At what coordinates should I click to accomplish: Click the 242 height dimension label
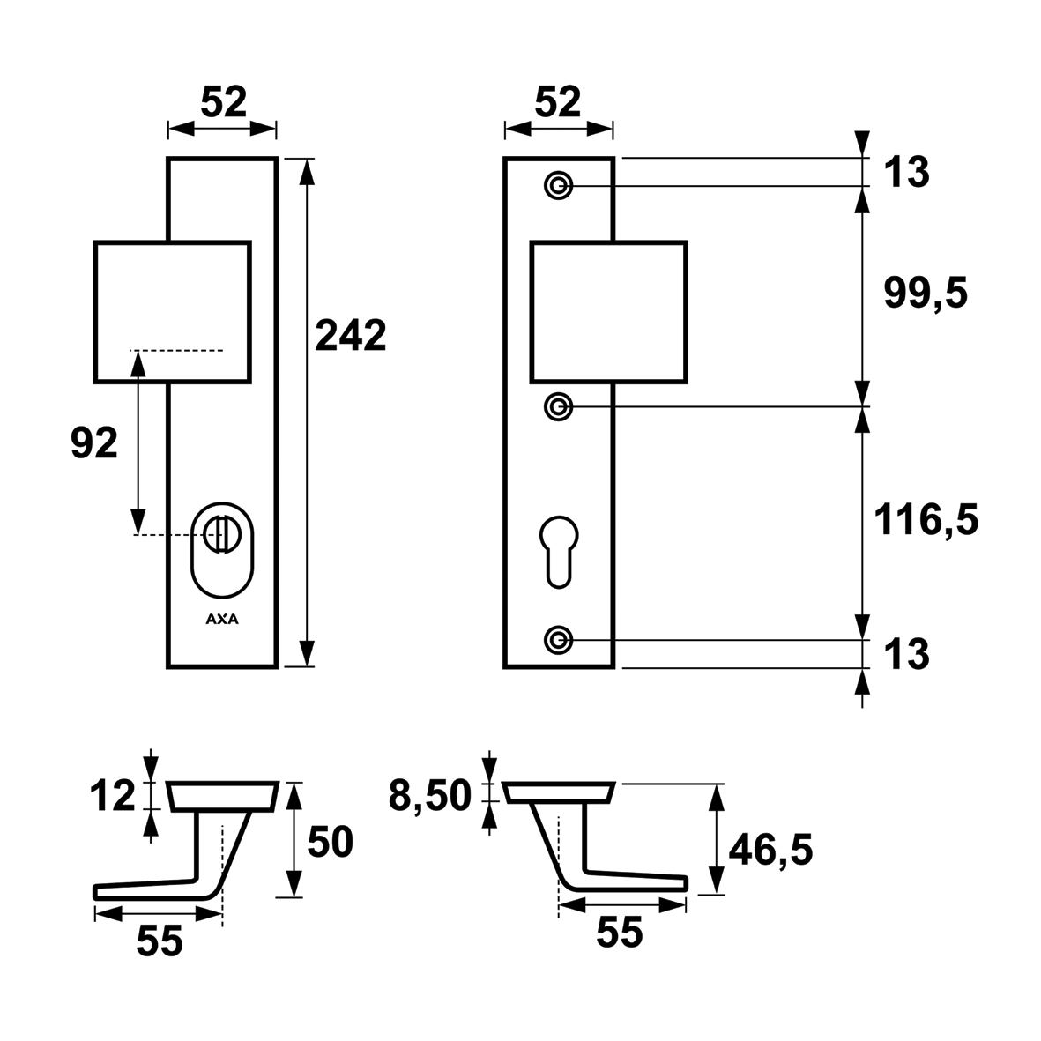click(351, 335)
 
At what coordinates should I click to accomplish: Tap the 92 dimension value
click(94, 442)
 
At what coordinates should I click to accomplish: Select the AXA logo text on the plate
click(222, 620)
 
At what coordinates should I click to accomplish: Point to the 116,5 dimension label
click(926, 519)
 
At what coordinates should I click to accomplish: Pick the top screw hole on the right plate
click(558, 185)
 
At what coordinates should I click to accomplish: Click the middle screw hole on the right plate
click(558, 406)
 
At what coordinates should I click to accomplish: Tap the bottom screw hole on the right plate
click(558, 640)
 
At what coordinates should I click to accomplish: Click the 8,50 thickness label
click(429, 795)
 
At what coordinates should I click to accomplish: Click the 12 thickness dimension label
click(113, 796)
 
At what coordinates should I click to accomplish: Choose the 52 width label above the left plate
click(224, 102)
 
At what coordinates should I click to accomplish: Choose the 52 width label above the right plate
click(558, 102)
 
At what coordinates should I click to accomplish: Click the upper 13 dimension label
click(906, 172)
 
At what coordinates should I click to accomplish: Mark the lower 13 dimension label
click(906, 654)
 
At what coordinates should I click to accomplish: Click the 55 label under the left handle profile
click(160, 941)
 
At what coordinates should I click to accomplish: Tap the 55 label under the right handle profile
click(620, 932)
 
